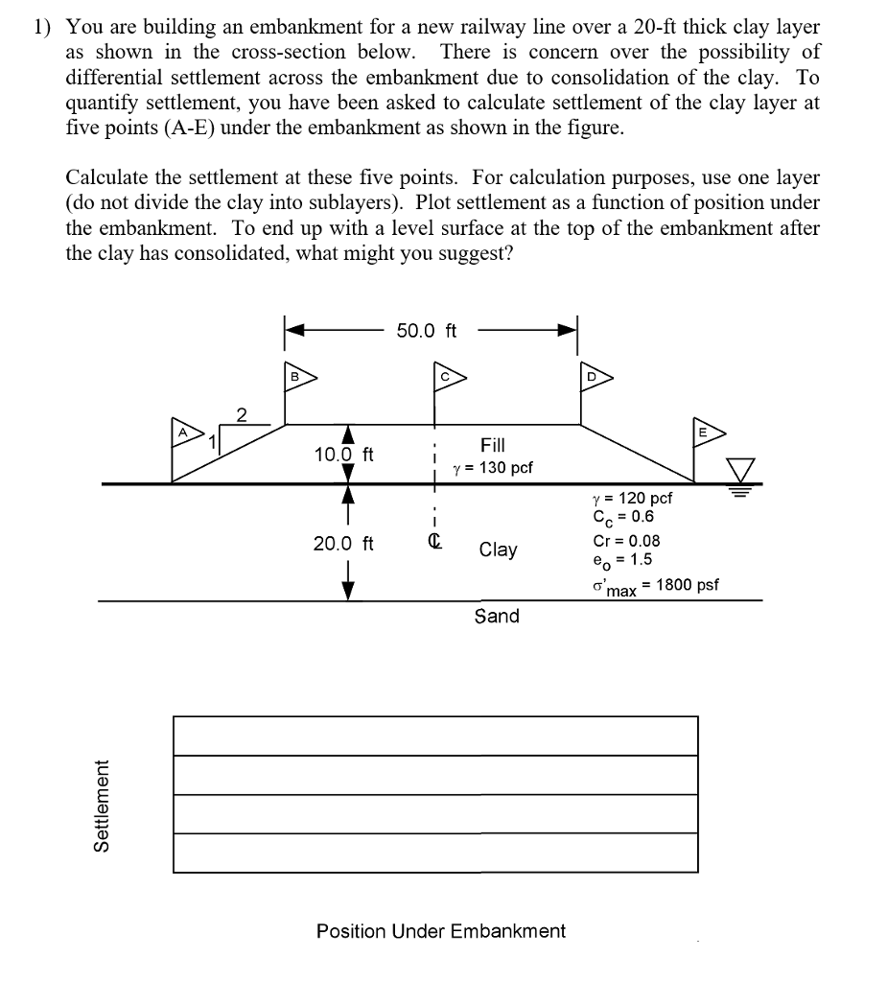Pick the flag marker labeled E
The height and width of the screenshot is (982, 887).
706,433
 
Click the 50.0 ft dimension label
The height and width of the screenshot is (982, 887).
427,331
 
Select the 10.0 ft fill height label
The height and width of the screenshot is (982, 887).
344,453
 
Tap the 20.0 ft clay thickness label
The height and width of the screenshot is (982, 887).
343,544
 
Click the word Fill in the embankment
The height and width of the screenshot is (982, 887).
493,445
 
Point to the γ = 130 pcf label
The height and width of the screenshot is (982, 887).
493,468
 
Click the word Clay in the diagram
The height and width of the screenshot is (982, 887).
498,549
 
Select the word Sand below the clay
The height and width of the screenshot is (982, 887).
497,616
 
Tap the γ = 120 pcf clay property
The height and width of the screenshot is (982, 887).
632,498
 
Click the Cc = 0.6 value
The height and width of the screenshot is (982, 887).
623,518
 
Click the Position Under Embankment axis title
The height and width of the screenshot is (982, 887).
441,931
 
